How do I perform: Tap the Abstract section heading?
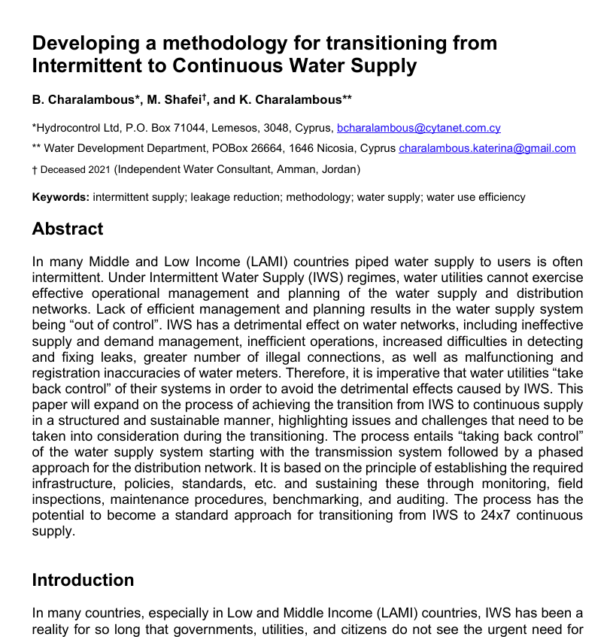tap(68, 229)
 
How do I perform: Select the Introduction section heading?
tap(83, 580)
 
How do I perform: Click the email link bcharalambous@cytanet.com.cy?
tap(419, 128)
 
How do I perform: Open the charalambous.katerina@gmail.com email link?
tap(487, 148)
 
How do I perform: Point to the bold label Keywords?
tap(60, 197)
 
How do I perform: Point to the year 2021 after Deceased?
tap(99, 169)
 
